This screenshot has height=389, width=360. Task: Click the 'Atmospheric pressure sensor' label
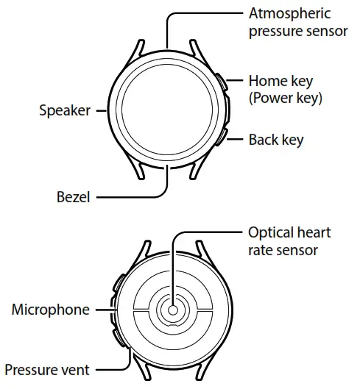coord(289,22)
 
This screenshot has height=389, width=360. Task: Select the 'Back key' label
coord(275,139)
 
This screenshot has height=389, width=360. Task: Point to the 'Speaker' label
coord(64,110)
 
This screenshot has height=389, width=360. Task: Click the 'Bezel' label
coord(74,197)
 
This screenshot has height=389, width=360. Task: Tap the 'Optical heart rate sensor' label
coord(289,241)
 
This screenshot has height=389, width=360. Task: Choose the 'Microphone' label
coord(50,310)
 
